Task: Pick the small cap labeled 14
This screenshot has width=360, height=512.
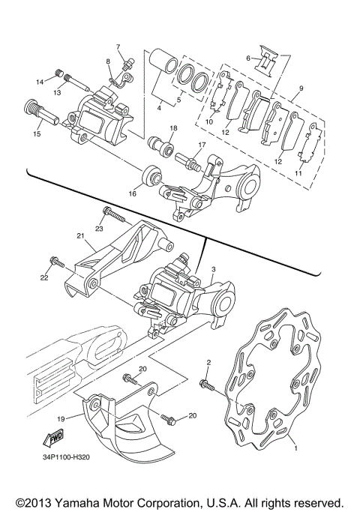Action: point(58,73)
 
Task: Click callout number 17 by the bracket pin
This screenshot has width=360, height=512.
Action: point(202,144)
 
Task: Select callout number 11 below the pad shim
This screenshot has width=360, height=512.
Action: point(301,173)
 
